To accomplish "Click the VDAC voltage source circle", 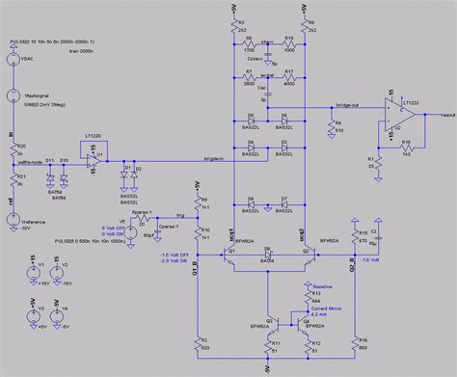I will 13,60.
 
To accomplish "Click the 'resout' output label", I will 443,114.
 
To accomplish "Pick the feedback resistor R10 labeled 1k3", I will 405,146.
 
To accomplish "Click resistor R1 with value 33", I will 372,160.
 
